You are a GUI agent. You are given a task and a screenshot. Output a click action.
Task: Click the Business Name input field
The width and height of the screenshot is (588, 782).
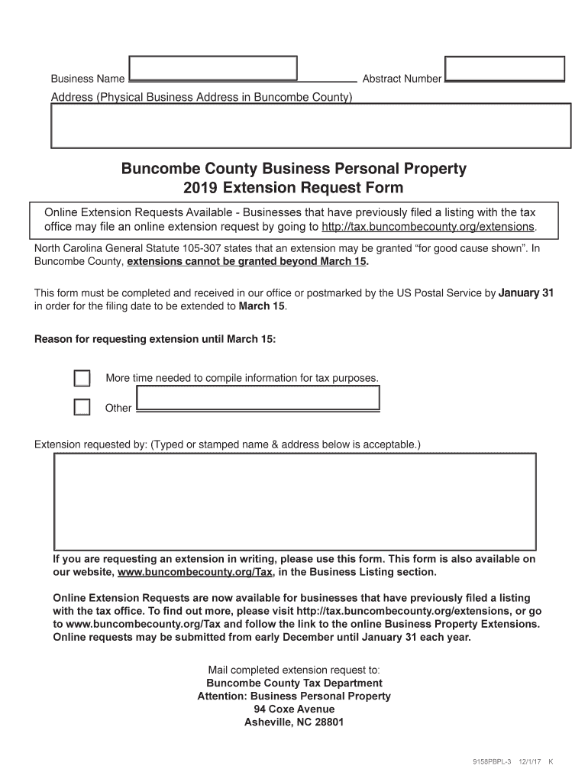213,68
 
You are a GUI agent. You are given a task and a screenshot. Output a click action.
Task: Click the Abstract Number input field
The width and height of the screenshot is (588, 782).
505,68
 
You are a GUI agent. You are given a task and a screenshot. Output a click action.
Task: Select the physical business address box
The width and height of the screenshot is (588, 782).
310,125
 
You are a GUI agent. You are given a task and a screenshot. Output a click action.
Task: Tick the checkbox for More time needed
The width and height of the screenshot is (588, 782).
82,379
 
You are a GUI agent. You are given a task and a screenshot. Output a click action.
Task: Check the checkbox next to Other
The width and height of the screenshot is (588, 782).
82,408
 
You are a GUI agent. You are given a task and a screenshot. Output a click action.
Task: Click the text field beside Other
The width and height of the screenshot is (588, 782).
257,399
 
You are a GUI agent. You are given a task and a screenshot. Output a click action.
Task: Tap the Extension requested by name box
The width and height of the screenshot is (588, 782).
295,501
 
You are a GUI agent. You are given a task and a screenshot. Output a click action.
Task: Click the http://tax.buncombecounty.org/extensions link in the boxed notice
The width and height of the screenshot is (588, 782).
428,228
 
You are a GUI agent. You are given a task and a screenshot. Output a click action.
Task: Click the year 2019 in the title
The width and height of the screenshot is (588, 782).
200,188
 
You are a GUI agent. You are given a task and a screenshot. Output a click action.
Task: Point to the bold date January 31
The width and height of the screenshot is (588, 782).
525,293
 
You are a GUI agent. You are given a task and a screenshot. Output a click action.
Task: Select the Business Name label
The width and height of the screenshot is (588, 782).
88,79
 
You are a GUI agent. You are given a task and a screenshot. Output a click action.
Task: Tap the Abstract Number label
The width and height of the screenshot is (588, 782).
402,79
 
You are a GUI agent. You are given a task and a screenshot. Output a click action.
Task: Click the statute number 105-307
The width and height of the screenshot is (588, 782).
195,249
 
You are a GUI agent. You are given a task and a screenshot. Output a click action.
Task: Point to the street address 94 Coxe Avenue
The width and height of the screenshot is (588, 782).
294,709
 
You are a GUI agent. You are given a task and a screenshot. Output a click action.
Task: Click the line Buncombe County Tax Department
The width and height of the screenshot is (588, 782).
294,683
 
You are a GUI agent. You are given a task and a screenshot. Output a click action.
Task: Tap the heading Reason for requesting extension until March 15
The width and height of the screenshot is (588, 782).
155,340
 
